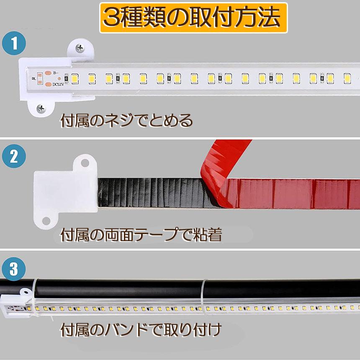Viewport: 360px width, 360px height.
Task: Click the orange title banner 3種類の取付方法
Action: [193, 18]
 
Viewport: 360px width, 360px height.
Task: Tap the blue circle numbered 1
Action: [14, 43]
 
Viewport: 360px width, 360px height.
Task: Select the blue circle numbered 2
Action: [14, 156]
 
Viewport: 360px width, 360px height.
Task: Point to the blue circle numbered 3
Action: [14, 269]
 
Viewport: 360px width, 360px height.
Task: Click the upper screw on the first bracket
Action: [80, 48]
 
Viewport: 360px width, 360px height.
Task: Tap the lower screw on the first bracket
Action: [41, 108]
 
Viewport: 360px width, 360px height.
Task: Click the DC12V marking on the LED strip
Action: [58, 85]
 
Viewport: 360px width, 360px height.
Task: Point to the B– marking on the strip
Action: [56, 73]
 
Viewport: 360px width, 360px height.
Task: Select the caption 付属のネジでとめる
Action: [126, 121]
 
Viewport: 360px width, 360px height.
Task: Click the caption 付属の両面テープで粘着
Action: [141, 235]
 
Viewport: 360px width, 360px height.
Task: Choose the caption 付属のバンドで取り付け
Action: [141, 330]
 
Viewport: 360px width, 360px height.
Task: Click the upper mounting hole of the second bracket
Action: [85, 163]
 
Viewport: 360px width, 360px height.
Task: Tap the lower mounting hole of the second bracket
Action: [46, 221]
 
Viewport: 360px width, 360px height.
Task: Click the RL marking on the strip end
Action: [34, 79]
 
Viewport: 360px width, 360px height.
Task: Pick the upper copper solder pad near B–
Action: [48, 73]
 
